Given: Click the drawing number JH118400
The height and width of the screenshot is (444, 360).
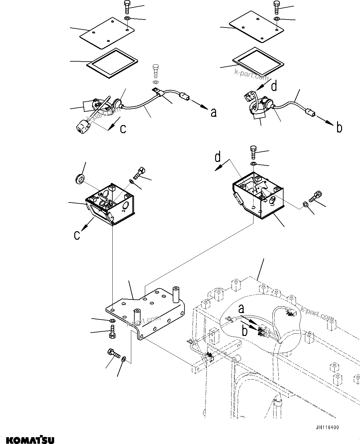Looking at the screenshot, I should (327, 428).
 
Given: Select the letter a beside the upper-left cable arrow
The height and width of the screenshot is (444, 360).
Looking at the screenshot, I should (213, 113).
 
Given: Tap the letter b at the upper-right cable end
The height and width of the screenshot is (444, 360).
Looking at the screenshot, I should (339, 128).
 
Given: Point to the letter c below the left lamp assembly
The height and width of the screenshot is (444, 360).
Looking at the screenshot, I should (123, 128).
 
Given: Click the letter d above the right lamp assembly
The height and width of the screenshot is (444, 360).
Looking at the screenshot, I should (274, 86).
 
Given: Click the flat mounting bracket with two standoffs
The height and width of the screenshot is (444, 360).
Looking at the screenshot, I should (145, 313).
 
